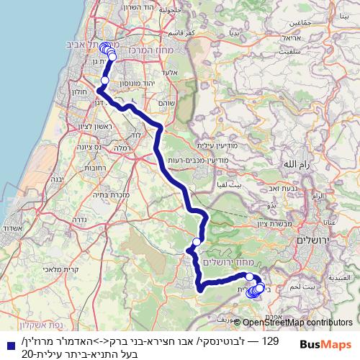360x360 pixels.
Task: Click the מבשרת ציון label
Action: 270,223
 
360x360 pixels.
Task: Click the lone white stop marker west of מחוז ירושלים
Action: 196,242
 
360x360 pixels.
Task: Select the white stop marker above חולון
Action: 105,81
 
